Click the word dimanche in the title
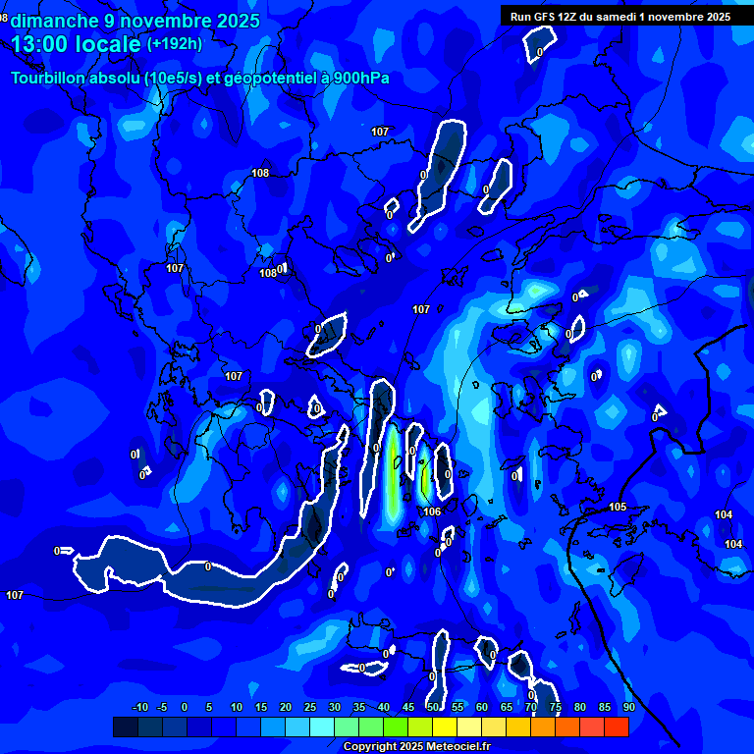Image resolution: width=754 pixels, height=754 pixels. tap(52, 21)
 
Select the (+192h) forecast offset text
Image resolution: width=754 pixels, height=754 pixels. tap(175, 44)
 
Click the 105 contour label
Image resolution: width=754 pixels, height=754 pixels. tap(618, 507)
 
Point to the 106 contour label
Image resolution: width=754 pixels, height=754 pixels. tap(432, 512)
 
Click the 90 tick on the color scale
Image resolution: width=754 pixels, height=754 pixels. tap(628, 707)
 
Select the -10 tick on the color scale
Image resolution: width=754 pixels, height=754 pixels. tap(139, 707)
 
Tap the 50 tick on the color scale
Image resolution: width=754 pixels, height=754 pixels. tap(433, 707)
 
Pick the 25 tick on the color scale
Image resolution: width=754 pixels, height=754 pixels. tap(310, 707)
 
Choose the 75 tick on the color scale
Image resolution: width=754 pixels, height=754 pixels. tap(556, 707)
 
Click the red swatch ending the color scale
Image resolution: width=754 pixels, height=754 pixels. tap(617, 727)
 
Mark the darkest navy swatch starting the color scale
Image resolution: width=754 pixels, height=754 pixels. tap(125, 727)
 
